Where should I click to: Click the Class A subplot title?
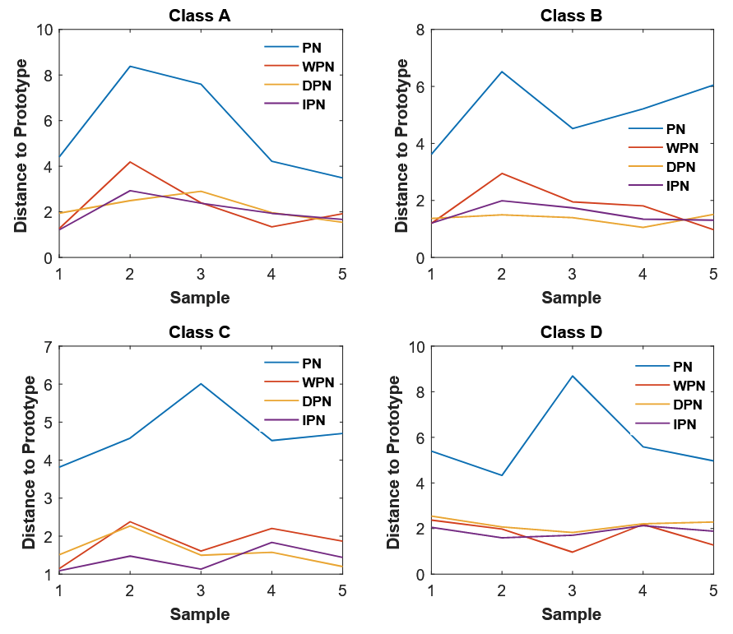click(x=200, y=15)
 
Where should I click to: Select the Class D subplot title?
click(x=571, y=332)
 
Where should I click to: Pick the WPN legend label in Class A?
click(x=318, y=67)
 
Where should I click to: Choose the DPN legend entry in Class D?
click(x=687, y=405)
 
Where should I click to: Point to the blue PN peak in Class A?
click(x=130, y=67)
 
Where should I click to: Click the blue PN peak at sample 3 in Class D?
click(x=572, y=376)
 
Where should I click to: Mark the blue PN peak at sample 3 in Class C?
click(x=201, y=384)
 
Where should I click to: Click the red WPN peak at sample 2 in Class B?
click(x=502, y=174)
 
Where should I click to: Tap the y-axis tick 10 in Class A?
click(x=44, y=30)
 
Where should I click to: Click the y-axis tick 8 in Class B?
click(x=420, y=30)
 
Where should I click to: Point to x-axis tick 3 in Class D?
click(x=572, y=590)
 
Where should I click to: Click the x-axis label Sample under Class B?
click(x=571, y=298)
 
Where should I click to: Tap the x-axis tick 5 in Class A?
click(x=342, y=273)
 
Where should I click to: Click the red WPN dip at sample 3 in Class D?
click(x=572, y=552)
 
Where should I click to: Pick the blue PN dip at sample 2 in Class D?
click(x=501, y=475)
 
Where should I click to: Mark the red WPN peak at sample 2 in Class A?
click(x=130, y=162)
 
